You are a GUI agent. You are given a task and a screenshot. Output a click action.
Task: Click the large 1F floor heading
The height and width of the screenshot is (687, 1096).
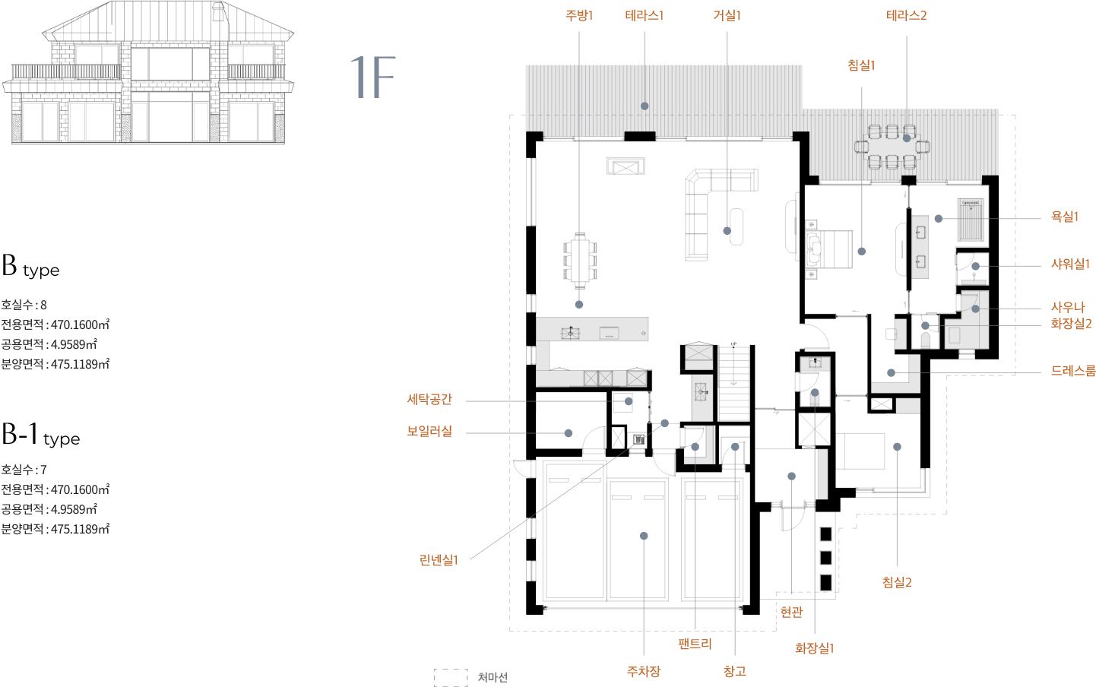coord(372,77)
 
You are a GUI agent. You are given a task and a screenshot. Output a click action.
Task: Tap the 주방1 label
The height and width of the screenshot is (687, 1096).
coord(579,16)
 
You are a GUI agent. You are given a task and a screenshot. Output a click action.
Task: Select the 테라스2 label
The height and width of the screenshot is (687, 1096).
coord(906,16)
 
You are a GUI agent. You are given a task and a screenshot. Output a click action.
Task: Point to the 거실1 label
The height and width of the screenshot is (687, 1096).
coord(727,16)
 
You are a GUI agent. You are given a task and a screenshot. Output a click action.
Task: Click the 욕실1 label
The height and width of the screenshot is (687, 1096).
coord(1065,217)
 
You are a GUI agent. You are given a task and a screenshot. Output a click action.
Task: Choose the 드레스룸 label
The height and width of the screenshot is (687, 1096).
coord(1073,371)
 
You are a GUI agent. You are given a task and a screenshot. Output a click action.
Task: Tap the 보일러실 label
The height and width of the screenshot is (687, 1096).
coord(429,431)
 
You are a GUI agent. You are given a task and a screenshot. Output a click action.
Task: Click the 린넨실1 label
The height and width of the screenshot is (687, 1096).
coord(439,560)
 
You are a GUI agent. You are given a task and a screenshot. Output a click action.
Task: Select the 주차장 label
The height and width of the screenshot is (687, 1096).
coord(644,671)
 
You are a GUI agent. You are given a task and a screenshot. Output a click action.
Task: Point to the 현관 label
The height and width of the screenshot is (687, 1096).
coord(791,612)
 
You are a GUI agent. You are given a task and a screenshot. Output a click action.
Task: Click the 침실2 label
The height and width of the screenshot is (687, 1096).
coord(897,582)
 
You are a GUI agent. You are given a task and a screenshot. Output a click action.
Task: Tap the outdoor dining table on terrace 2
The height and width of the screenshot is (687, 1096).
coord(892,147)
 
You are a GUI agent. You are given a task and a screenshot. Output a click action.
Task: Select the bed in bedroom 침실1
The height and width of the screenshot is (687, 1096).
coord(829,249)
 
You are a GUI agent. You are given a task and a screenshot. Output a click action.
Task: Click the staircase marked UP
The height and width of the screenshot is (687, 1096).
coord(733,381)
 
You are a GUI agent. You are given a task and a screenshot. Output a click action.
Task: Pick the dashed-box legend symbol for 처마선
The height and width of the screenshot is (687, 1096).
coord(451,677)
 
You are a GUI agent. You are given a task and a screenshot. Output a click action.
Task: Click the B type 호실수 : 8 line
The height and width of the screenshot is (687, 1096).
coord(24,305)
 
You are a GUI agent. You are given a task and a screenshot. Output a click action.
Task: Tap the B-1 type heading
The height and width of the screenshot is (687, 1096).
coord(40,435)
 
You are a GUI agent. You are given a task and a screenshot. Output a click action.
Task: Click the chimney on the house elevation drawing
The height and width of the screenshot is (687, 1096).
coord(218,11)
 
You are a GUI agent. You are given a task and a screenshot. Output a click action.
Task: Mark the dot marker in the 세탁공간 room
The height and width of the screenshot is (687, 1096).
coord(629,401)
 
